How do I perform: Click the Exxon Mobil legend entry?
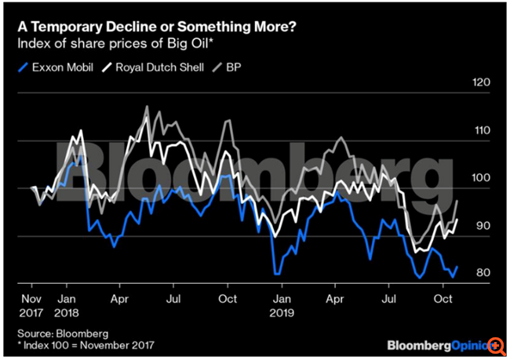tap(56, 68)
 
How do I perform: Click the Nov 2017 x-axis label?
tap(31, 306)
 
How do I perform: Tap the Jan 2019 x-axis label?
tap(282, 306)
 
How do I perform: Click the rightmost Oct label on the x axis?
tap(443, 300)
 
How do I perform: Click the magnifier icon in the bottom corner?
tap(496, 345)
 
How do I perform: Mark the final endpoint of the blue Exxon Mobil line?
tap(457, 267)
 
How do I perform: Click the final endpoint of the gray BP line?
tap(457, 201)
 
